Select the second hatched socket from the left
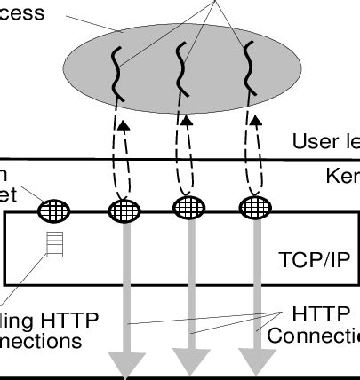(124, 211)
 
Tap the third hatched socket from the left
(188, 209)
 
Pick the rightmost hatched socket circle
(255, 209)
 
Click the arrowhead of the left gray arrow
(126, 364)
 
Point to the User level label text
(325, 141)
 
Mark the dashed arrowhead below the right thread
(253, 126)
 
